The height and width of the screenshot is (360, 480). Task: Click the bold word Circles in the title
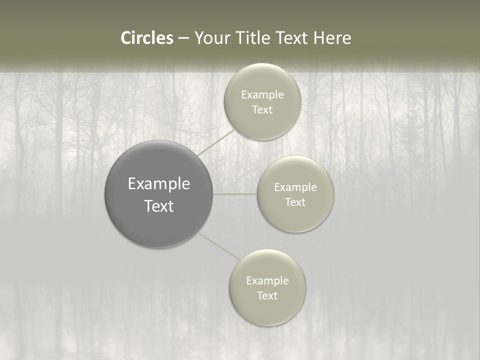146,38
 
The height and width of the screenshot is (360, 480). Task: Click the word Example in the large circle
159,184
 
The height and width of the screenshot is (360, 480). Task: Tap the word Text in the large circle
159,206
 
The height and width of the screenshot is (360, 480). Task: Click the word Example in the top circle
262,95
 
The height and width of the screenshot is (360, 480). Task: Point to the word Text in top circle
262,110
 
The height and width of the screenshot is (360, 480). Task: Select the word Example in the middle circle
295,187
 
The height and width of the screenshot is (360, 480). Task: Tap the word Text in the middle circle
295,202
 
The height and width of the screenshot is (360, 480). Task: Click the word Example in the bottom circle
267,281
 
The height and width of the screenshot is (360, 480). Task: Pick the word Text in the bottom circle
267,296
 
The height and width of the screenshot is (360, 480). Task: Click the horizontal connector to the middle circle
235,194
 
